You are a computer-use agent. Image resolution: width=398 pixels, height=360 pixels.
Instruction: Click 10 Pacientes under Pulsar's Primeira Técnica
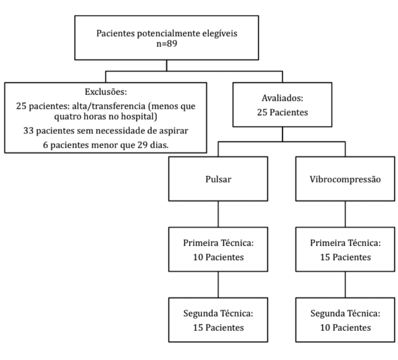click(218, 257)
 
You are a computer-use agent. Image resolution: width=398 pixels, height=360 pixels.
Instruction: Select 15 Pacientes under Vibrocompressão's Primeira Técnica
click(345, 257)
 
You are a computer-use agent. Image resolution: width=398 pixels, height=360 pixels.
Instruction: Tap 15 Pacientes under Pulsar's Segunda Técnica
click(218, 327)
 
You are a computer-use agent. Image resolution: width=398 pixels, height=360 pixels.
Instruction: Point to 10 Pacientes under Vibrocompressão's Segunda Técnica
click(345, 327)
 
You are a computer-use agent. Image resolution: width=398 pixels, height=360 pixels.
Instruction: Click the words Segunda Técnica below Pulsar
click(218, 314)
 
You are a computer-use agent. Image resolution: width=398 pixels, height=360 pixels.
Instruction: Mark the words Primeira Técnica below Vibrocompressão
click(345, 243)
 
